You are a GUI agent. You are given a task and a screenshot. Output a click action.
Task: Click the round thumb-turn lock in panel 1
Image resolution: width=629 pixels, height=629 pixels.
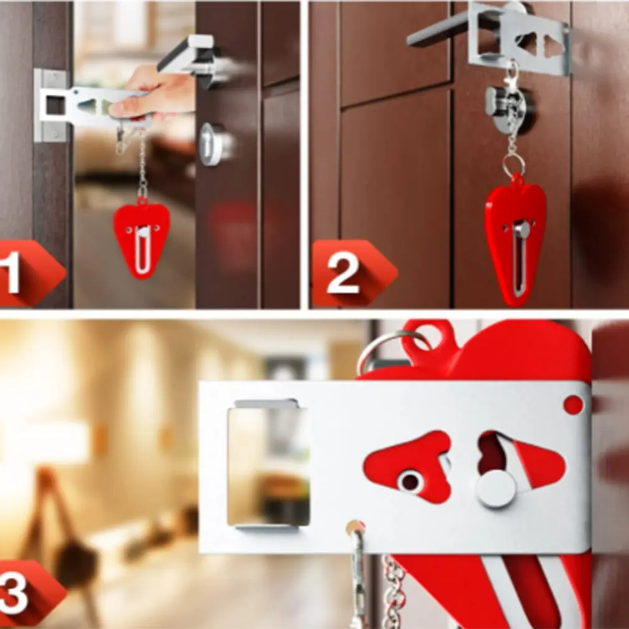[212, 144]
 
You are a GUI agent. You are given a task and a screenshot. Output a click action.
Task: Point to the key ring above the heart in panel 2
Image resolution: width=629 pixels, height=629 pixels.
[514, 165]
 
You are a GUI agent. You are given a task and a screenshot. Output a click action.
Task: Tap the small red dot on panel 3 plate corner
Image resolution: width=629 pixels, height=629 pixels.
[573, 405]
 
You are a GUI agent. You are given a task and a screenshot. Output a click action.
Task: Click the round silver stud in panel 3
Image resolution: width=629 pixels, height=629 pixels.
[496, 488]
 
